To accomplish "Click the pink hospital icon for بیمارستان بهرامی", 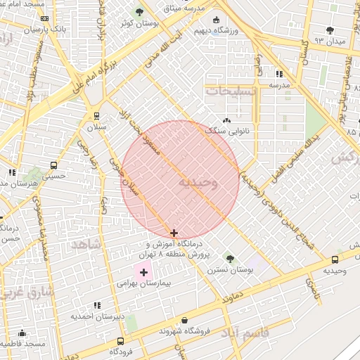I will click(x=144, y=271).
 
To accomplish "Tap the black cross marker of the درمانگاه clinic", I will click(x=174, y=233).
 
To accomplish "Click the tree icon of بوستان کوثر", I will click(x=139, y=12).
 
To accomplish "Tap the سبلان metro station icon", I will click(x=96, y=116).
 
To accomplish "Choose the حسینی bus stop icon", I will click(x=54, y=165).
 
